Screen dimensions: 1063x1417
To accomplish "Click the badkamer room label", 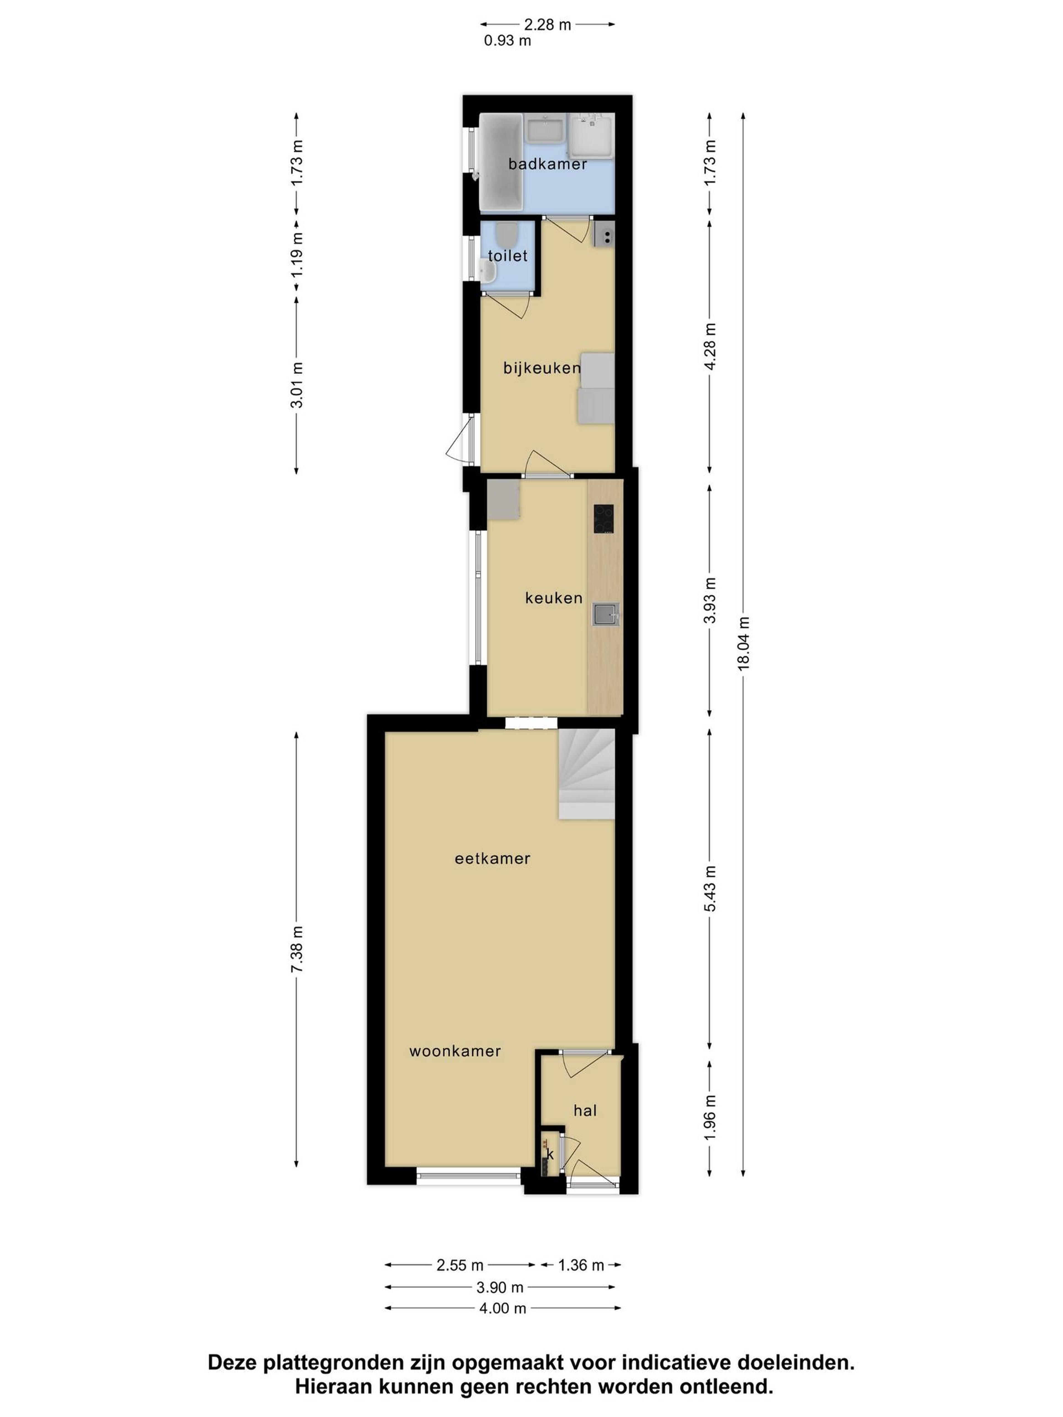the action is pyautogui.click(x=547, y=164).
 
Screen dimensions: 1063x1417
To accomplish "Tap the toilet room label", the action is pyautogui.click(x=507, y=256).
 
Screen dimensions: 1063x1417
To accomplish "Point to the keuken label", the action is pyautogui.click(x=554, y=598).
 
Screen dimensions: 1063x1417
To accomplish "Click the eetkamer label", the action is pyautogui.click(x=492, y=859).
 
